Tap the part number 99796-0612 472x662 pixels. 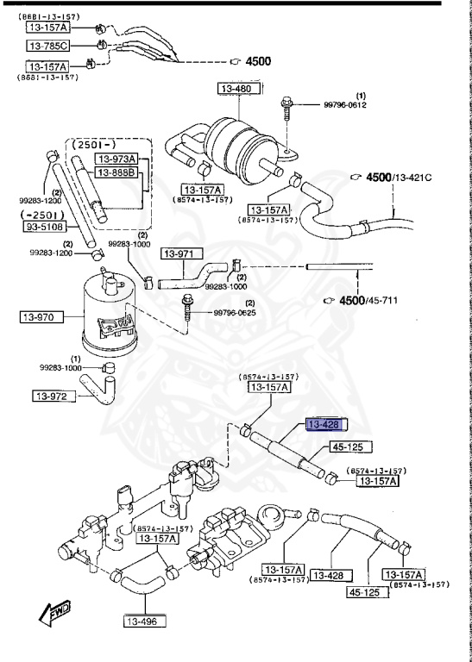(345, 104)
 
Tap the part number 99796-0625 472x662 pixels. (234, 312)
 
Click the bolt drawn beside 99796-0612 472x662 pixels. (286, 113)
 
